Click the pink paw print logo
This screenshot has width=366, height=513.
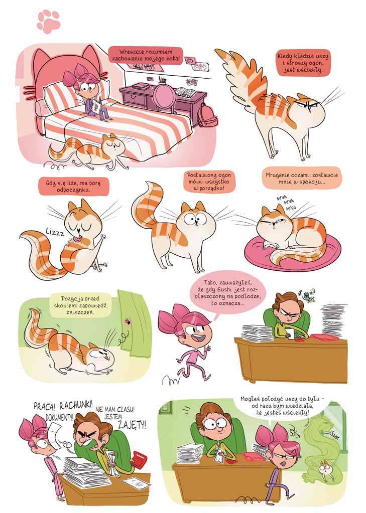[49, 22]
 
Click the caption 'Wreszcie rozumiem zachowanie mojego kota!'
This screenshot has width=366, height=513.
[146, 56]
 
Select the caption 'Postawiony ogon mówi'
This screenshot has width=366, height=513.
[209, 182]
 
